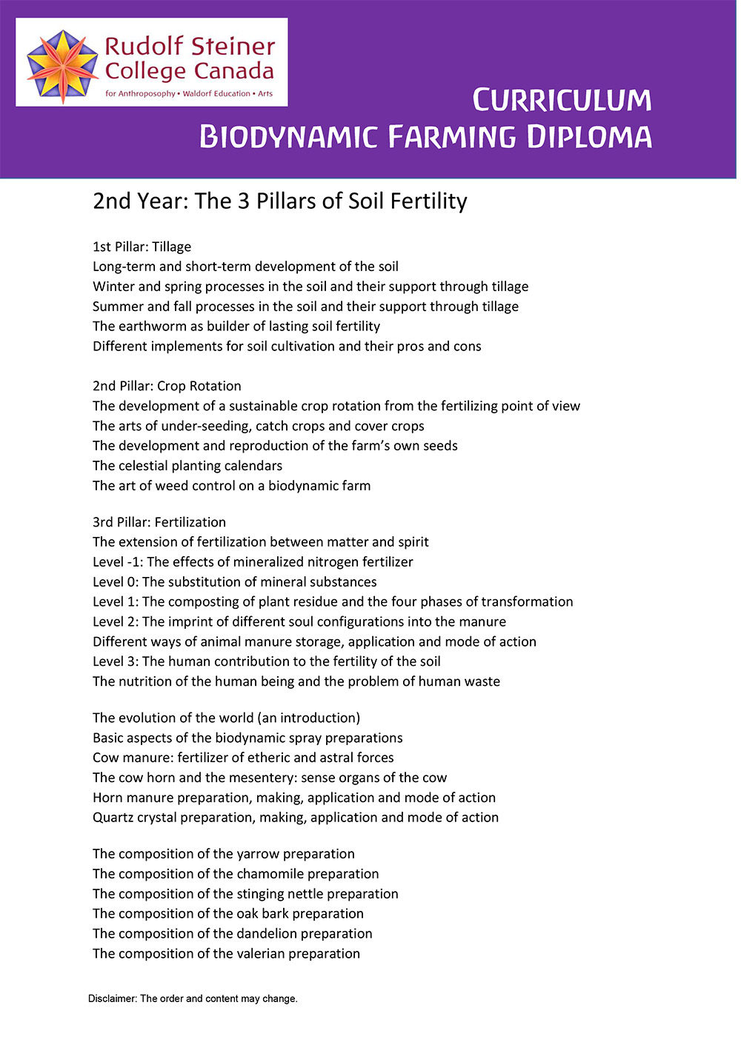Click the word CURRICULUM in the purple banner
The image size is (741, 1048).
(562, 101)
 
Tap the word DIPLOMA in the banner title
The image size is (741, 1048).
(590, 137)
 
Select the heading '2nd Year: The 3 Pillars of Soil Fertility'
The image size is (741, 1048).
(279, 201)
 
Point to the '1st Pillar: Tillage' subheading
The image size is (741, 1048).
(142, 247)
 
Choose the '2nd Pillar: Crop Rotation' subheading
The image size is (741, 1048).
(167, 386)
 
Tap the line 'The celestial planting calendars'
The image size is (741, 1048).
(187, 466)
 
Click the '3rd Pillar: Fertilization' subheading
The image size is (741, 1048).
(159, 522)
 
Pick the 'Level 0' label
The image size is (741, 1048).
(114, 582)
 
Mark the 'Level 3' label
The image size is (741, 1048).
(114, 661)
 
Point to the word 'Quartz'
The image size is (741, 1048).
(113, 818)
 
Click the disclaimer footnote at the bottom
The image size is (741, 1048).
(193, 999)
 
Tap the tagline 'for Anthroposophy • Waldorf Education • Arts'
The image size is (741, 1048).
(188, 94)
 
